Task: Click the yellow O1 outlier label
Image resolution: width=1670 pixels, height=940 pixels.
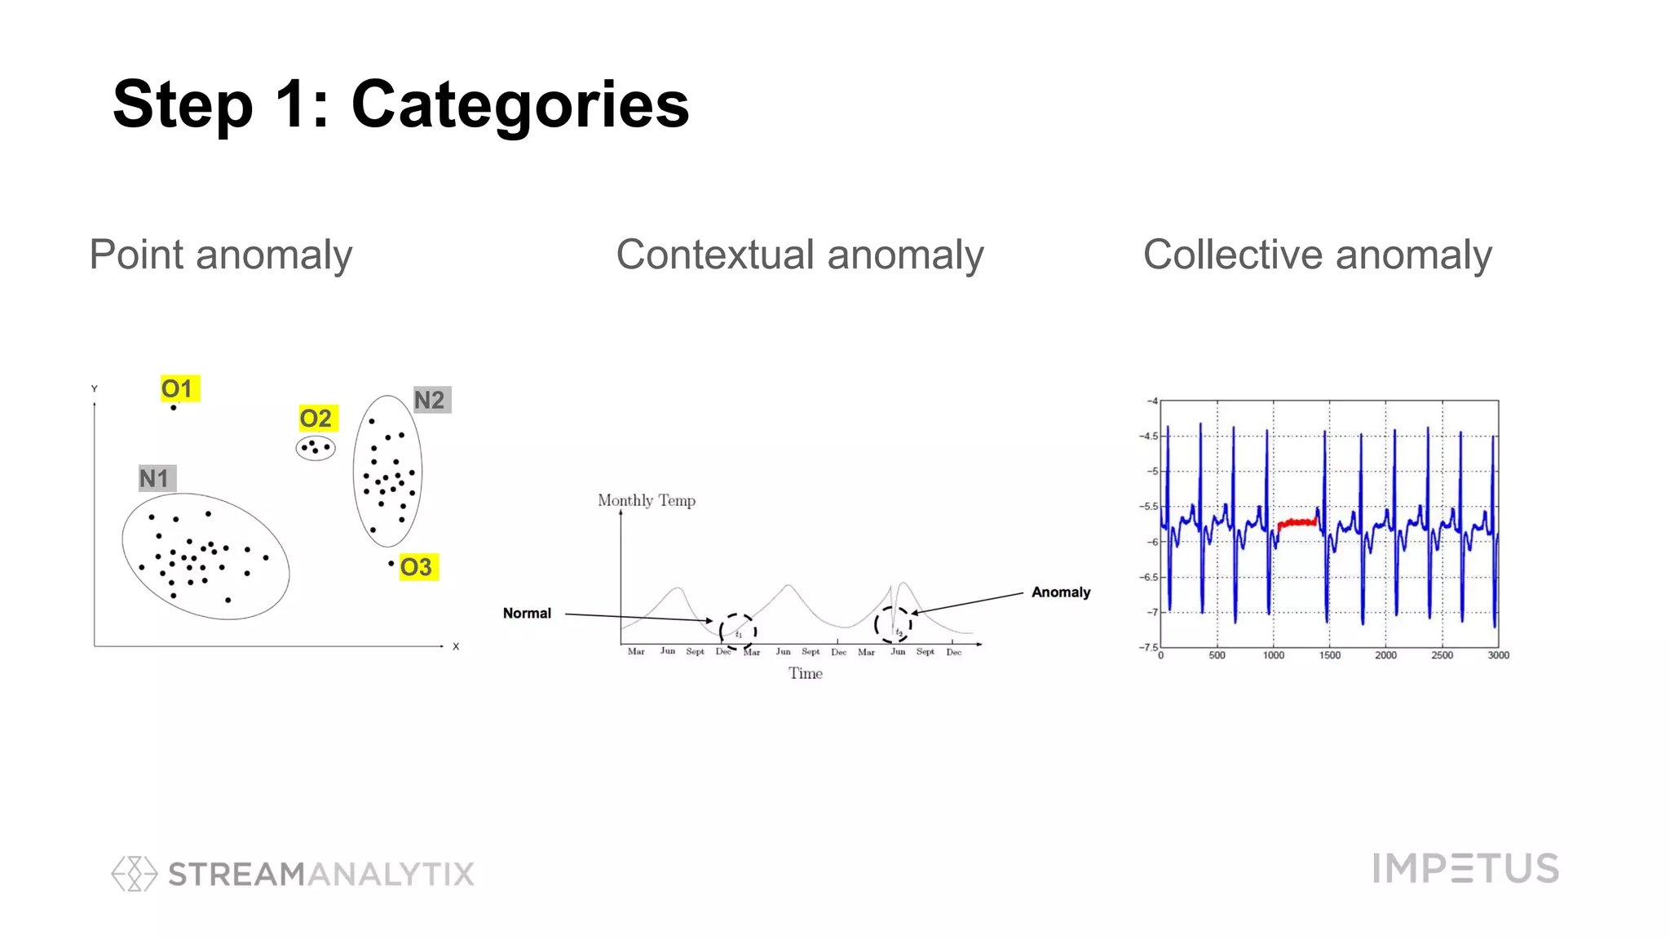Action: (179, 388)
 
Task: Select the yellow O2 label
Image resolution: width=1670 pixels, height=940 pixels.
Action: (316, 419)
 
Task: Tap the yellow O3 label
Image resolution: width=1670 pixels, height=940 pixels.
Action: (417, 567)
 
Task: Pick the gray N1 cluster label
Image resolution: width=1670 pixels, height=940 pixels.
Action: (156, 478)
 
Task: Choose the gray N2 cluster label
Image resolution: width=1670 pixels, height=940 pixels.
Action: (431, 400)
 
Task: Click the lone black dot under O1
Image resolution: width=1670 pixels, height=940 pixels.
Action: (173, 407)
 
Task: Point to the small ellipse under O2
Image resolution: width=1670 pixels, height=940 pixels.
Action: (316, 448)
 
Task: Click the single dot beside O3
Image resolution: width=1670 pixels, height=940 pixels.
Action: (391, 563)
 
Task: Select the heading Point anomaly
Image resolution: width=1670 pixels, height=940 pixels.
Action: (221, 255)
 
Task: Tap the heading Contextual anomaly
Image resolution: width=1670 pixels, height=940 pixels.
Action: (799, 255)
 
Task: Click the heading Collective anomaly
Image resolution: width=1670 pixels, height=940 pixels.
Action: (1317, 255)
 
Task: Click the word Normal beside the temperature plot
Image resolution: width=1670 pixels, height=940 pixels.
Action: (527, 613)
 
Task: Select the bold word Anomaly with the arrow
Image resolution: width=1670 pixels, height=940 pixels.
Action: (1060, 592)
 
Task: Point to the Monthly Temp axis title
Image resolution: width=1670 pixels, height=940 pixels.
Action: (646, 500)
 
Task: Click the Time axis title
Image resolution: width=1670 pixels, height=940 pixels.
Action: (805, 673)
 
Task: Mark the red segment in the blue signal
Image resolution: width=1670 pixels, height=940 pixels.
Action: (1297, 522)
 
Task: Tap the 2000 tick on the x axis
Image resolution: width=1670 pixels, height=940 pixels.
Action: (1385, 655)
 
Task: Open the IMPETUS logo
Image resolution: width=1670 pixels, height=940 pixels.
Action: (1465, 868)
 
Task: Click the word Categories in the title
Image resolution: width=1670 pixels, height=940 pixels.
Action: (520, 104)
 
